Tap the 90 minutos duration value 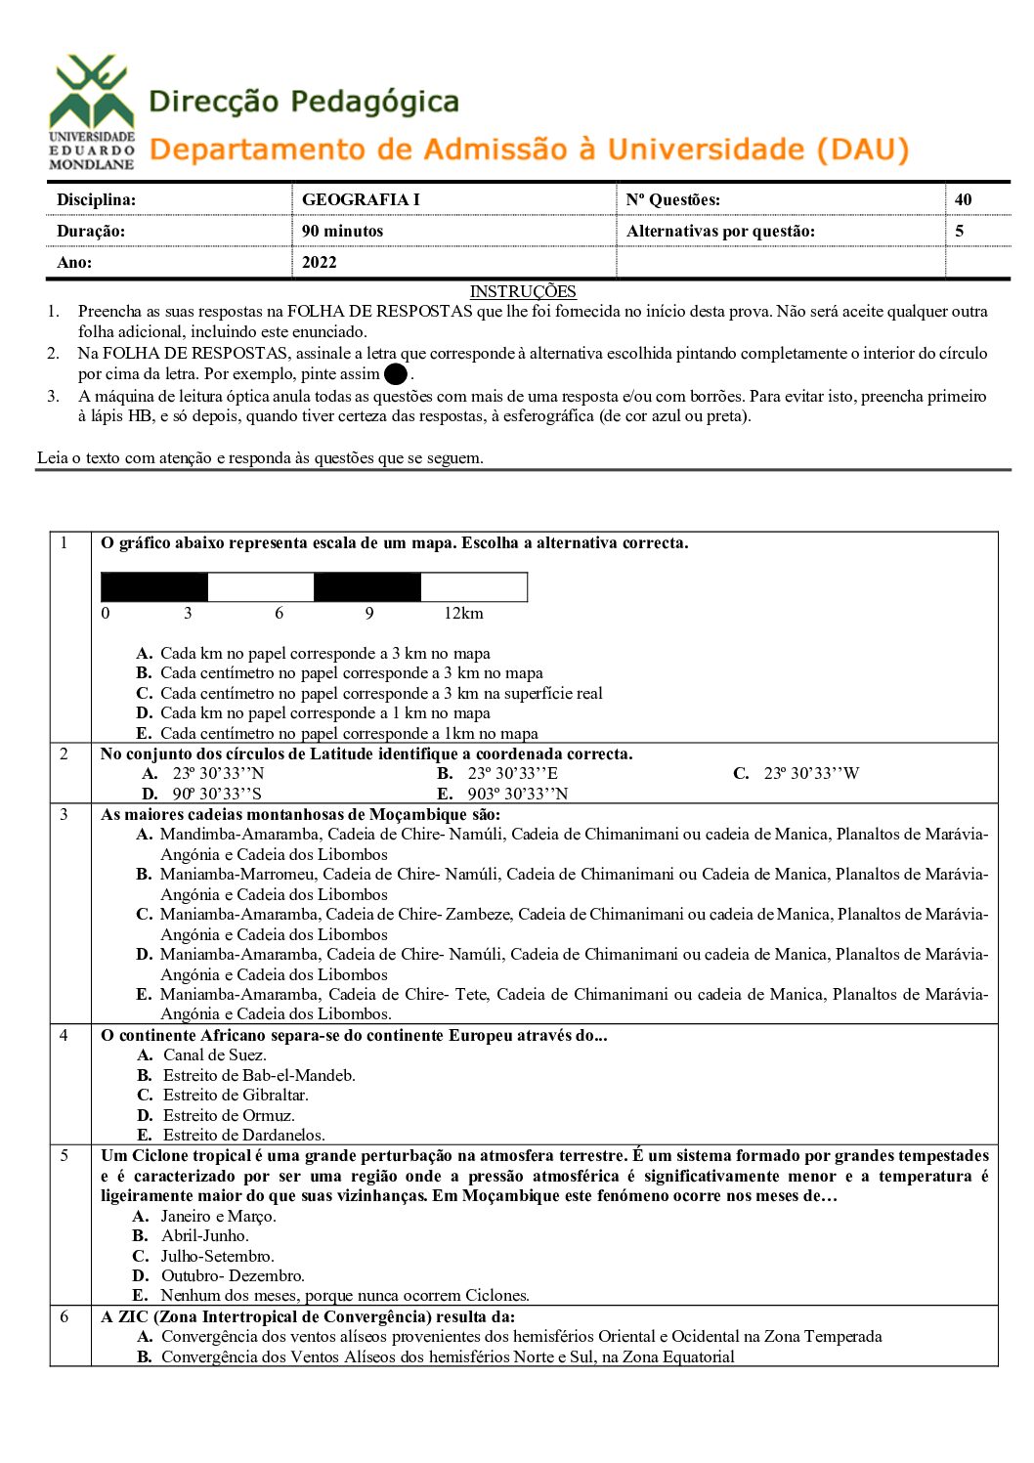(x=342, y=231)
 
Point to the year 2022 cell (x=319, y=262)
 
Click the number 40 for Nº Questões (x=963, y=199)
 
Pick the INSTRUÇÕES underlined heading (x=523, y=291)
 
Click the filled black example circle (x=396, y=374)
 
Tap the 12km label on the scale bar (x=463, y=614)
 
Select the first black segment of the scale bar (x=154, y=586)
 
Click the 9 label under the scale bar (x=369, y=614)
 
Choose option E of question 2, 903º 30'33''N (x=517, y=794)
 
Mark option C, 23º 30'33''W (x=810, y=773)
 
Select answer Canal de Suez (x=214, y=1054)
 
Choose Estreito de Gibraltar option (x=235, y=1095)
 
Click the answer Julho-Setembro (x=217, y=1256)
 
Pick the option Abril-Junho (x=204, y=1235)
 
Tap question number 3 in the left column (x=65, y=814)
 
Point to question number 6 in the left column (x=65, y=1316)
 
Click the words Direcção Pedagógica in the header (x=304, y=102)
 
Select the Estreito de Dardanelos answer (x=243, y=1135)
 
